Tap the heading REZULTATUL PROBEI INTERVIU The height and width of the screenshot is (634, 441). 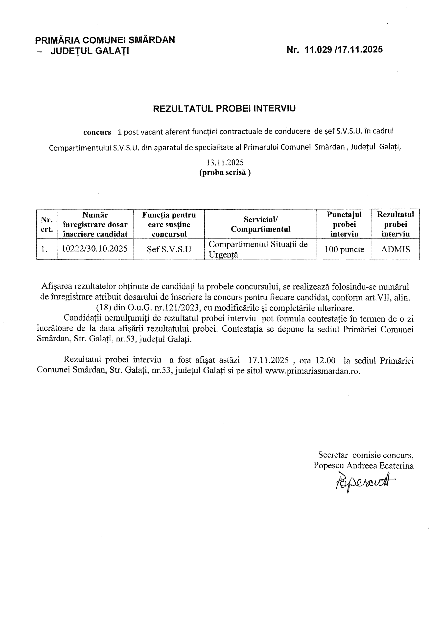pyautogui.click(x=224, y=108)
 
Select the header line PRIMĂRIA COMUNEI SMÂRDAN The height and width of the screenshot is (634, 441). pyautogui.click(x=105, y=40)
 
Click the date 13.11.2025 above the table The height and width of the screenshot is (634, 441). pyautogui.click(x=225, y=162)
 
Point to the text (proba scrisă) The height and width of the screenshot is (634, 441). pyautogui.click(x=225, y=173)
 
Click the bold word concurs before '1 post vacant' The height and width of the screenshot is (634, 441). pyautogui.click(x=97, y=132)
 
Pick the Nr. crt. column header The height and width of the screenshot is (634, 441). pyautogui.click(x=46, y=224)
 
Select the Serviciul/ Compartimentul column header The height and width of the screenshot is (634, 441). pyautogui.click(x=260, y=224)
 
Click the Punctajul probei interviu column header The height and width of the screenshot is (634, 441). pyautogui.click(x=344, y=224)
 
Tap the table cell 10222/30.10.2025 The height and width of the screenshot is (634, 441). pyautogui.click(x=94, y=249)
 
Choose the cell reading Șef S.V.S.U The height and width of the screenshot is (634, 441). pyautogui.click(x=169, y=249)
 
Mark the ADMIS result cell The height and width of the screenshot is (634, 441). pyautogui.click(x=395, y=249)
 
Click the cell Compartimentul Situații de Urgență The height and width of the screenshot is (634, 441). pyautogui.click(x=258, y=249)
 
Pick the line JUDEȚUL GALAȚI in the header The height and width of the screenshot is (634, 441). pyautogui.click(x=90, y=51)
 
